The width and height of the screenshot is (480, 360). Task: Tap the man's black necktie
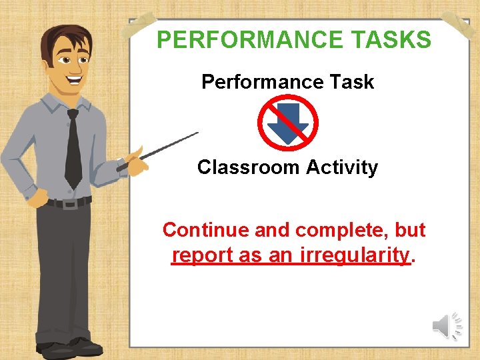pyautogui.click(x=73, y=150)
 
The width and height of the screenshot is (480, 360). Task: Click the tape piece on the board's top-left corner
pyautogui.click(x=141, y=25)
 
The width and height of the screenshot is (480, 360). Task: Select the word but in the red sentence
pyautogui.click(x=410, y=230)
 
